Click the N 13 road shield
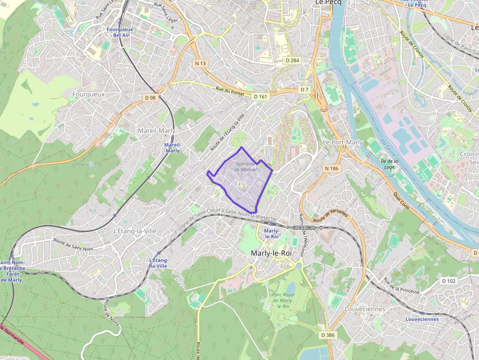point(200,64)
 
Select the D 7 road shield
point(305,90)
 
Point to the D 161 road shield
point(261,97)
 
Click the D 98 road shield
point(151,98)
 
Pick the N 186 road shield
point(331,169)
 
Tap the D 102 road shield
point(448,281)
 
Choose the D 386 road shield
point(327,335)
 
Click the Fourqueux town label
point(88,94)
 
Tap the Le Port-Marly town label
point(343,142)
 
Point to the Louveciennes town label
point(365,309)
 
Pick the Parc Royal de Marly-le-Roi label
point(283,300)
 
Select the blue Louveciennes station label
point(422,319)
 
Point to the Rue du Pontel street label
point(230,91)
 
